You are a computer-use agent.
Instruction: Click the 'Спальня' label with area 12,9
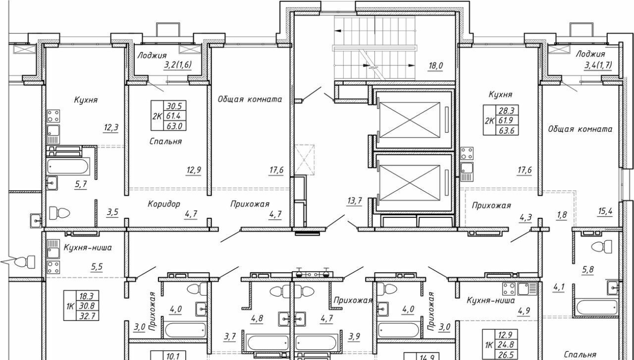pos(165,141)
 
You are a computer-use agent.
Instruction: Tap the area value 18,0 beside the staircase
pos(435,66)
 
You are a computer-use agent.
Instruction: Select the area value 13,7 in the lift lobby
pos(354,201)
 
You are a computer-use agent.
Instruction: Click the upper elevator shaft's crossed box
pos(410,120)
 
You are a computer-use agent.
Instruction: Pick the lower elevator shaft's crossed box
pos(410,183)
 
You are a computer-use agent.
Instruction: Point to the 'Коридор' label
pos(164,204)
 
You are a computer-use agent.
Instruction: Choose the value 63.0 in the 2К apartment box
pos(174,126)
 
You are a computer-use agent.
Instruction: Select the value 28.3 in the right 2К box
pos(507,110)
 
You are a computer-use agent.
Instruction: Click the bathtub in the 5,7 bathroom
pos(68,166)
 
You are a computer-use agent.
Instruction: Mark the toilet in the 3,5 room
pos(59,212)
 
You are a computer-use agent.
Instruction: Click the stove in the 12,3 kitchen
pos(53,116)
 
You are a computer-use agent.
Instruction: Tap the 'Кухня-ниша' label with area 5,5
pos(88,248)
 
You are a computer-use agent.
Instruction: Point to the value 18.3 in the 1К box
pos(87,296)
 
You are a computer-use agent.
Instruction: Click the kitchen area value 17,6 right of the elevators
pos(525,170)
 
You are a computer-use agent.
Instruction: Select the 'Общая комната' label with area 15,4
pos(580,129)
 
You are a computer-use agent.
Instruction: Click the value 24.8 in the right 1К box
pos(506,345)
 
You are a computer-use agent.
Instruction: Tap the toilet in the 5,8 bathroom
pos(602,247)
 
